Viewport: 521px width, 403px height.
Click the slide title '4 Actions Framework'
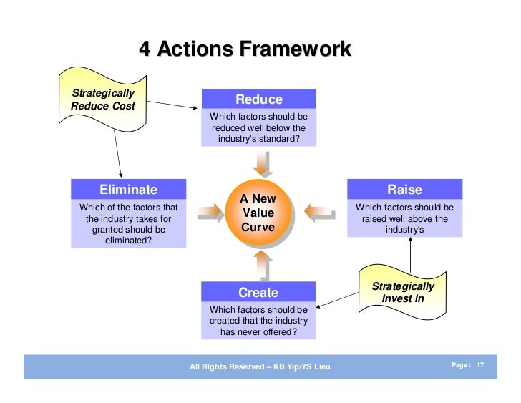[245, 49]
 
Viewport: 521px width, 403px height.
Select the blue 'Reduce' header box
[259, 99]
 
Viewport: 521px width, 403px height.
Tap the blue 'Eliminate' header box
[128, 190]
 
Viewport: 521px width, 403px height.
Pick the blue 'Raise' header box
[404, 190]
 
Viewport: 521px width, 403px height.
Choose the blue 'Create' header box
[258, 292]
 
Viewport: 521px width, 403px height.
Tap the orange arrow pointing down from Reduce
[265, 162]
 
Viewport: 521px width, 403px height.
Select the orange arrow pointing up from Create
[265, 266]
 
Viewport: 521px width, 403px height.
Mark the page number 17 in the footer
[480, 366]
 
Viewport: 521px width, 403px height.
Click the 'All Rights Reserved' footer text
[260, 367]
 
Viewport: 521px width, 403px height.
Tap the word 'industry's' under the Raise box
[404, 230]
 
